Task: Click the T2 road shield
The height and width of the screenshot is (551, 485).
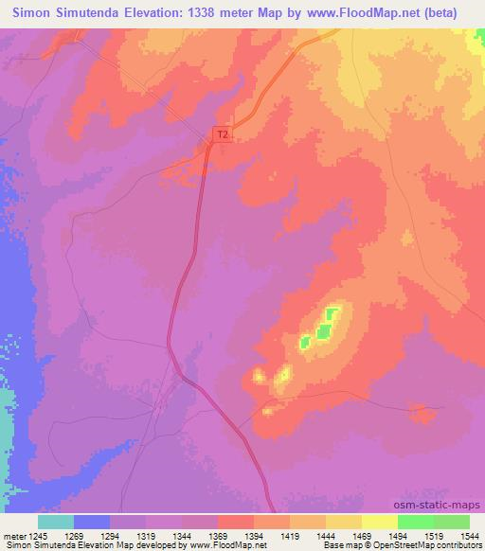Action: coord(223,134)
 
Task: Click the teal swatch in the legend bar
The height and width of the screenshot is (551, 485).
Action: coord(56,522)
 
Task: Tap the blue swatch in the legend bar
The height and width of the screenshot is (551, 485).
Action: coord(92,522)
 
